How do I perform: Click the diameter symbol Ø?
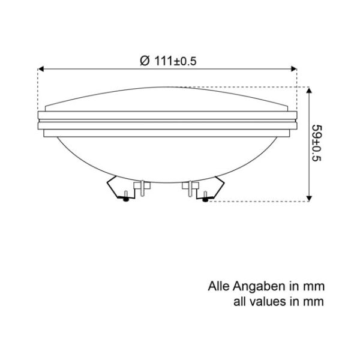coord(143,61)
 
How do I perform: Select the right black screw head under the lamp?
coord(206,199)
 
